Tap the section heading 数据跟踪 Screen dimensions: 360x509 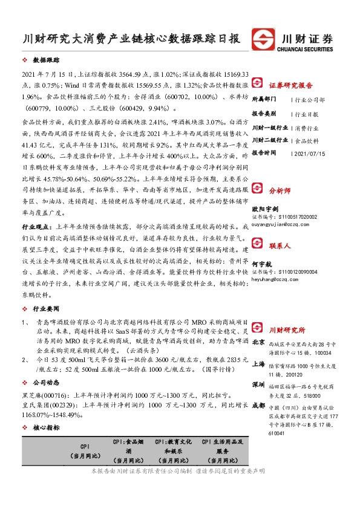(x=47, y=61)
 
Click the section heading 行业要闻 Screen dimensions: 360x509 (x=47, y=308)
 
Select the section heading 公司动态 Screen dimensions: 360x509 (x=47, y=382)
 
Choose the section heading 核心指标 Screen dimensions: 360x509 (x=47, y=427)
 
